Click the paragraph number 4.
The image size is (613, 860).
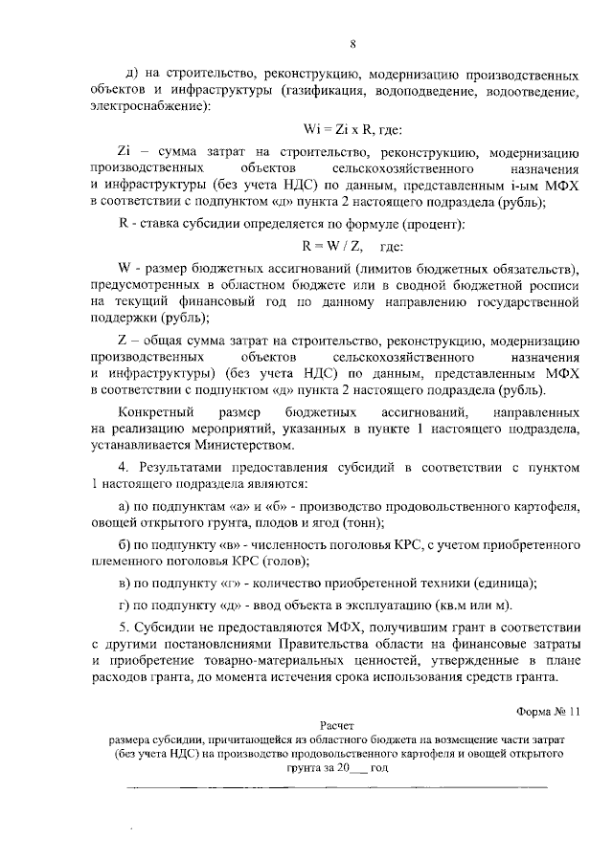pos(123,468)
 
